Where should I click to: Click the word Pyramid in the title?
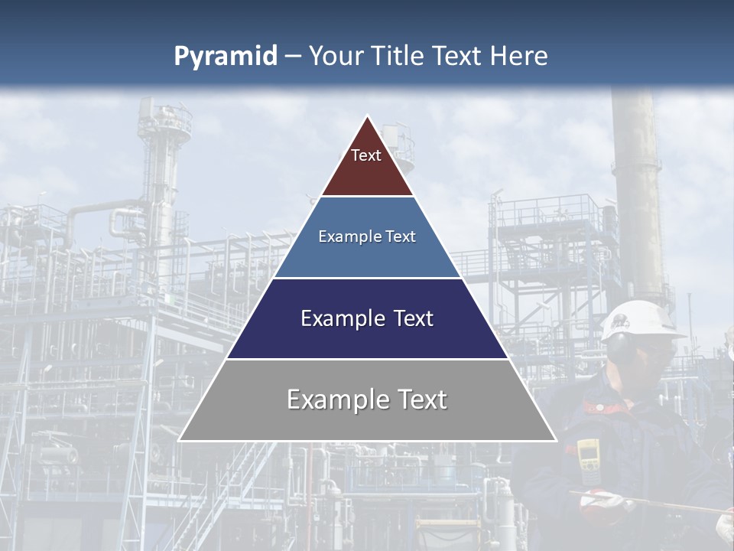(226, 57)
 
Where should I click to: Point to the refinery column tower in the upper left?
(164, 168)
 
